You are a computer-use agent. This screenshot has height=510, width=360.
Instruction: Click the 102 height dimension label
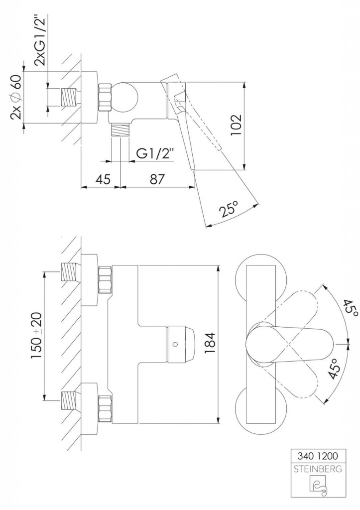tap(237, 126)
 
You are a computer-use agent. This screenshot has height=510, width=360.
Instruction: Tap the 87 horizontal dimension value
tap(157, 179)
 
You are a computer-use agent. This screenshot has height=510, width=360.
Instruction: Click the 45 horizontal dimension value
tap(102, 179)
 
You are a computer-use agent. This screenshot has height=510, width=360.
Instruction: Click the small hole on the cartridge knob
tap(175, 344)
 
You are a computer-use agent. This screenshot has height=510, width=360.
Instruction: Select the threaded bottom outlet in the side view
tap(120, 130)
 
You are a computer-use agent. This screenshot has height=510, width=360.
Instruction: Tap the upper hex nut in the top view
tap(105, 280)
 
